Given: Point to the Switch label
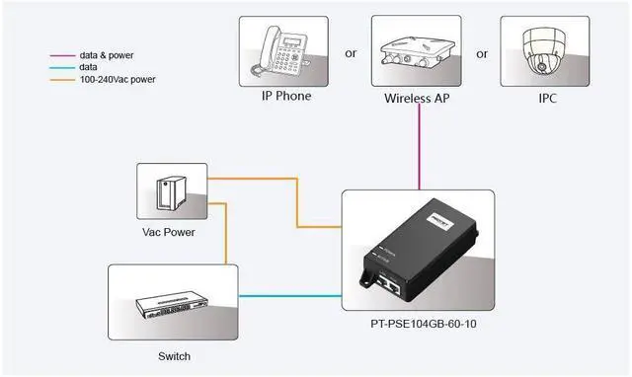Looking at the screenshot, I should coord(173,355).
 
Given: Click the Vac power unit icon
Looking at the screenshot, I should coord(171,191).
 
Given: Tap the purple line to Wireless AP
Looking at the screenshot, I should coord(422,148).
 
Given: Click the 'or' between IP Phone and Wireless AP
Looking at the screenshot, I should coord(350,54).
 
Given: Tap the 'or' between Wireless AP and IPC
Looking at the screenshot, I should coord(482,54).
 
